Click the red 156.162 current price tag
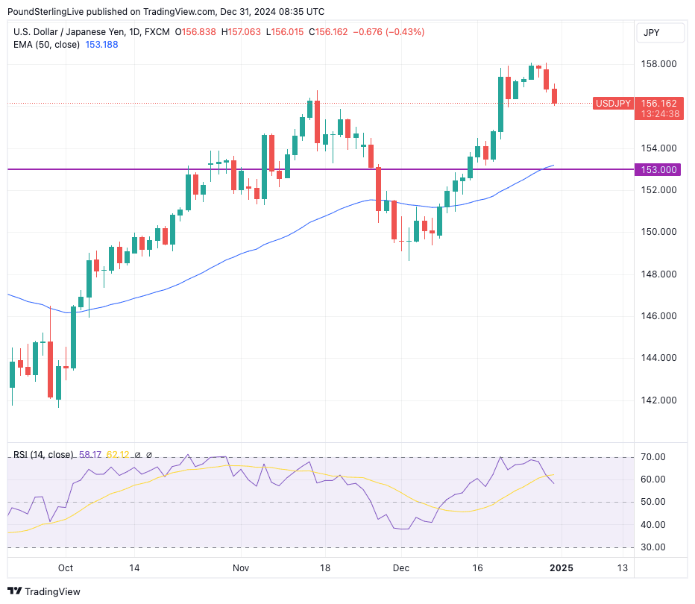point(658,103)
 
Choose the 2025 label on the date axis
point(561,567)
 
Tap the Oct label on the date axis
point(66,567)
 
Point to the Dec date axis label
point(400,567)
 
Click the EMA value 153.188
point(101,45)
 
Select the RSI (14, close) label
point(43,455)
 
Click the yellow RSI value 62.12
point(118,455)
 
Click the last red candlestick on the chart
point(555,96)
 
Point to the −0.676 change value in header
point(367,32)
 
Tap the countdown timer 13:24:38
point(658,114)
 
